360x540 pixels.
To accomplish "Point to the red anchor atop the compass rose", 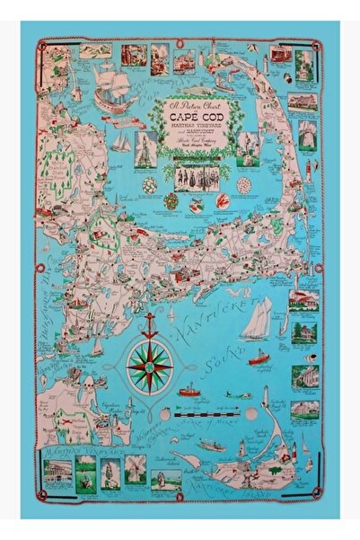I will coord(150,324).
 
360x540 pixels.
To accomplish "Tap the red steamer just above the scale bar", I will coord(189,392).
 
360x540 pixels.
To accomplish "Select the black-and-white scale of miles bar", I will coord(212,413).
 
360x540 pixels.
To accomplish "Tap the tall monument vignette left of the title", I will coord(144,148).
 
